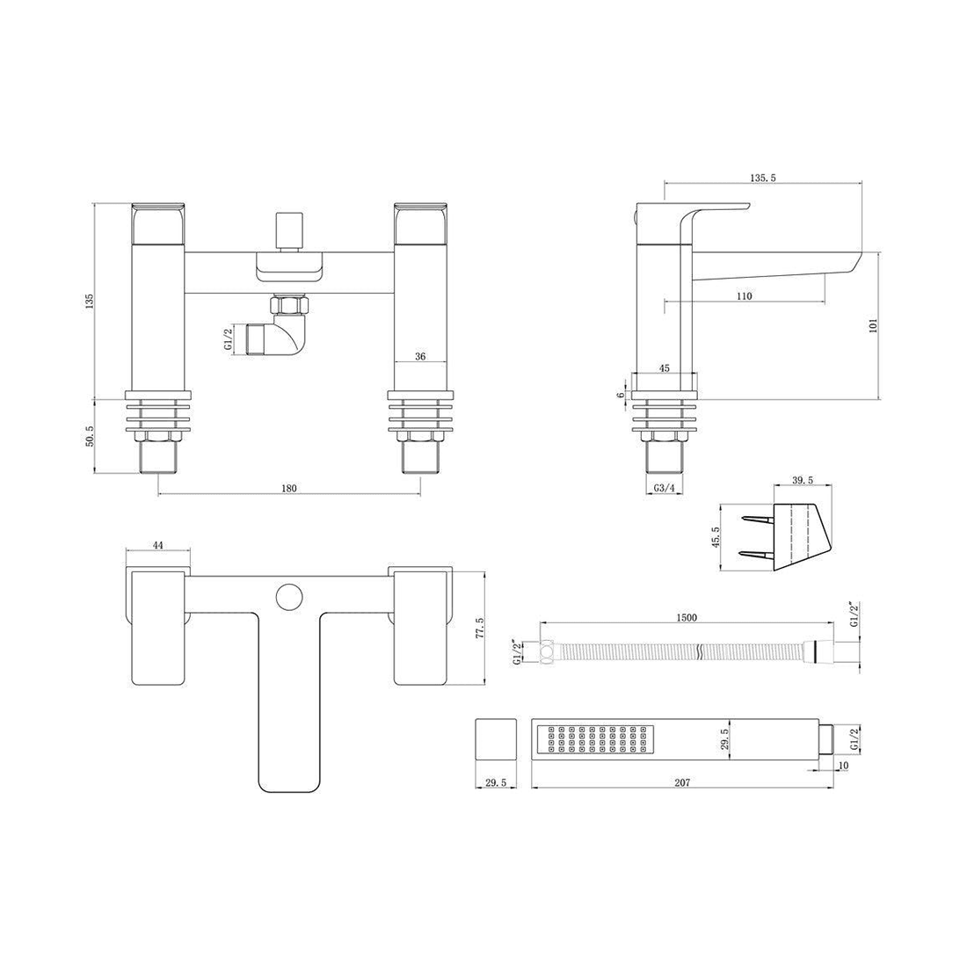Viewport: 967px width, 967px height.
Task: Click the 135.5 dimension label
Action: point(762,178)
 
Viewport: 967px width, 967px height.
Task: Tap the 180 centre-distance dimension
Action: point(288,489)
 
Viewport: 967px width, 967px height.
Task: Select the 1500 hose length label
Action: point(687,618)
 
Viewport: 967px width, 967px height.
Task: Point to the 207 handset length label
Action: point(681,782)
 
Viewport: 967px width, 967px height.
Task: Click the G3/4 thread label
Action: point(665,489)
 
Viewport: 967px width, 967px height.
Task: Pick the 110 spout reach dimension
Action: point(744,296)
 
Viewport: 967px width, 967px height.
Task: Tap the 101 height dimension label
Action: point(873,325)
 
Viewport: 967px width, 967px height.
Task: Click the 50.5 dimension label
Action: point(90,436)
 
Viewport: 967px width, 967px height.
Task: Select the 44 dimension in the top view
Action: point(157,545)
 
